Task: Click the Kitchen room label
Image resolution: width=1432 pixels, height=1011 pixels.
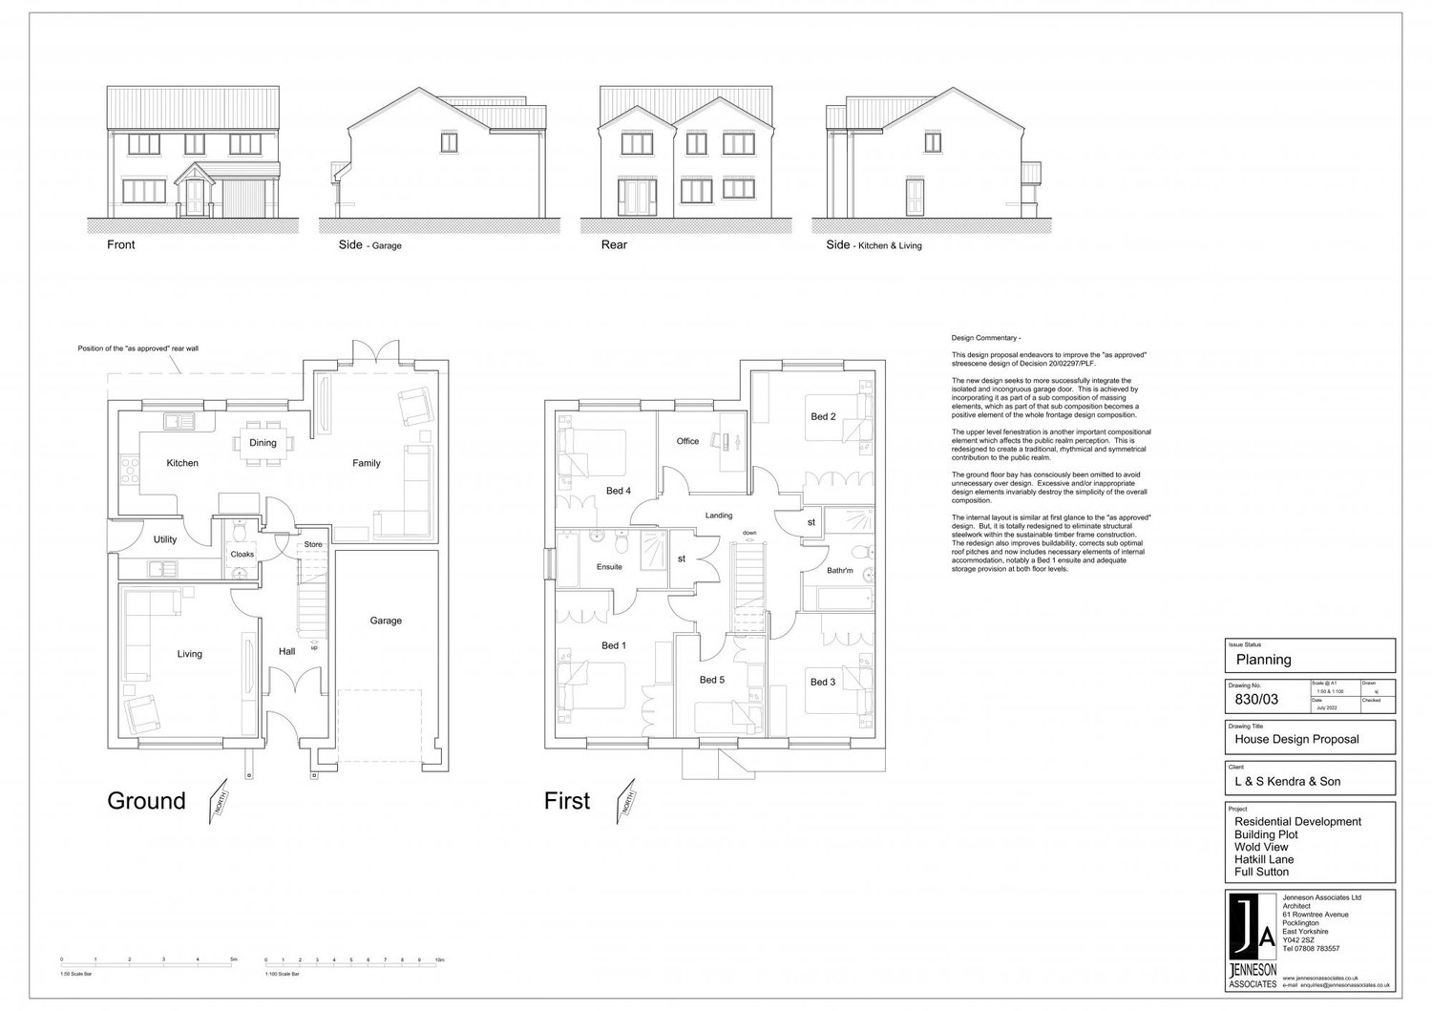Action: (182, 463)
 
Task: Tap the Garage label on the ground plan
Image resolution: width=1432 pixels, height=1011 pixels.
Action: (386, 621)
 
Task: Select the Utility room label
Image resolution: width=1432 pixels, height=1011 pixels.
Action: (165, 539)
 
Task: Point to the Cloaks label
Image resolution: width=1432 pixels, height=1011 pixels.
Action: (242, 554)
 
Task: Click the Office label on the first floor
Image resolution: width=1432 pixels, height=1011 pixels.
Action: (687, 441)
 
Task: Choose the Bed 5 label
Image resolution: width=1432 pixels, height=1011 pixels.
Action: (712, 680)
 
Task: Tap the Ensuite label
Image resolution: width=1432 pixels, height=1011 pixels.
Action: (609, 567)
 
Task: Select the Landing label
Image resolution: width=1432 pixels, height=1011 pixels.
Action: (718, 516)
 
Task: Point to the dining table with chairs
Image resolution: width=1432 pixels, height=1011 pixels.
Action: (263, 442)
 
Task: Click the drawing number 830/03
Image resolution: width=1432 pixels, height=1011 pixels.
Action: (1256, 700)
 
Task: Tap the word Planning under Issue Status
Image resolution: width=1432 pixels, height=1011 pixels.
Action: (1263, 659)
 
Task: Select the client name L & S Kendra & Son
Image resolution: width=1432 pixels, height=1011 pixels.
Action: (1287, 781)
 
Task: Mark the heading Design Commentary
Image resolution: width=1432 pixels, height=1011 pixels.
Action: (986, 339)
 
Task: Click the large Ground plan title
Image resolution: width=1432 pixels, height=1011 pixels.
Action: (146, 800)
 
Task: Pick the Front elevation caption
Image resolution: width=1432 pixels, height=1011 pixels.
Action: (121, 245)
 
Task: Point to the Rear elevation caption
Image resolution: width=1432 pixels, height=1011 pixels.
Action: (614, 245)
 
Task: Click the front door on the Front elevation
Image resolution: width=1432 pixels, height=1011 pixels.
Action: (196, 198)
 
